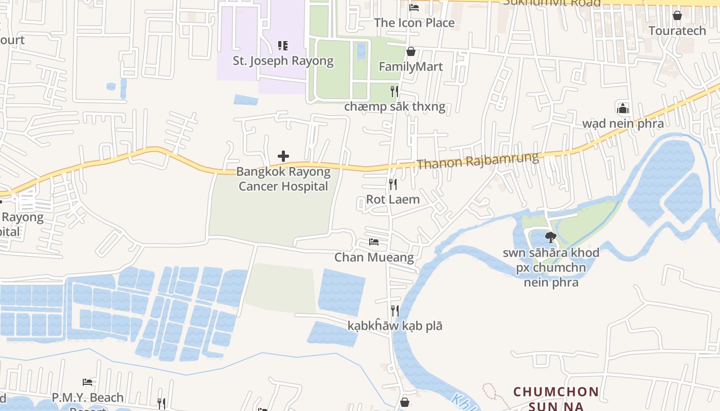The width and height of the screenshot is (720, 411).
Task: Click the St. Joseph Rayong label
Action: pyautogui.click(x=283, y=61)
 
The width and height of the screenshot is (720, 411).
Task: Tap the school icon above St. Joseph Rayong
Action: pyautogui.click(x=282, y=46)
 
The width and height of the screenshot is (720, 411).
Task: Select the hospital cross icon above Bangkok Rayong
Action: pyautogui.click(x=283, y=156)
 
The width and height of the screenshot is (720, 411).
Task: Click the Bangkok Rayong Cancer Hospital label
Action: pyautogui.click(x=283, y=179)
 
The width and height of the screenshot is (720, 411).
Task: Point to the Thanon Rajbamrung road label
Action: pyautogui.click(x=478, y=160)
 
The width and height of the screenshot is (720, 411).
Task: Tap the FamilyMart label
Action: pyautogui.click(x=410, y=66)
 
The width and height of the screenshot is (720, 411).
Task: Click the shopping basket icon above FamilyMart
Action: pyautogui.click(x=410, y=51)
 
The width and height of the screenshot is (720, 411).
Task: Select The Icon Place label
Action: pyautogui.click(x=414, y=23)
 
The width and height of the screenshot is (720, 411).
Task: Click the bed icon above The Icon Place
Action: pyautogui.click(x=414, y=8)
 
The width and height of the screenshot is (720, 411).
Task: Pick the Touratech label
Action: pyautogui.click(x=677, y=30)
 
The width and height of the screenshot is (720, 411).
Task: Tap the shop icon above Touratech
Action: pyautogui.click(x=677, y=15)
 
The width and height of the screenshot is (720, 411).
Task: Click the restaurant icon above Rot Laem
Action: pyautogui.click(x=393, y=184)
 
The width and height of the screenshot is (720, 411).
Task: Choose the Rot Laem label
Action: pyautogui.click(x=393, y=199)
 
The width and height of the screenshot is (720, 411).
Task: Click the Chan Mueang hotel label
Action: pyautogui.click(x=374, y=257)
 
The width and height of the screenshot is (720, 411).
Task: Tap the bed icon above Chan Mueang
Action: pyautogui.click(x=374, y=242)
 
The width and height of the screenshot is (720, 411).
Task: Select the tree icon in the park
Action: pyautogui.click(x=551, y=237)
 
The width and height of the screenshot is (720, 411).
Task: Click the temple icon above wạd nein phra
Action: pyautogui.click(x=623, y=108)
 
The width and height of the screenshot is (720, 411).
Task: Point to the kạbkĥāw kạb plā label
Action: pyautogui.click(x=395, y=326)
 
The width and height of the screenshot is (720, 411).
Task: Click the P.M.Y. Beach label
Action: pyautogui.click(x=87, y=398)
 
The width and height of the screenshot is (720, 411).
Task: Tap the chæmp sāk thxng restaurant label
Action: pyautogui.click(x=394, y=107)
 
